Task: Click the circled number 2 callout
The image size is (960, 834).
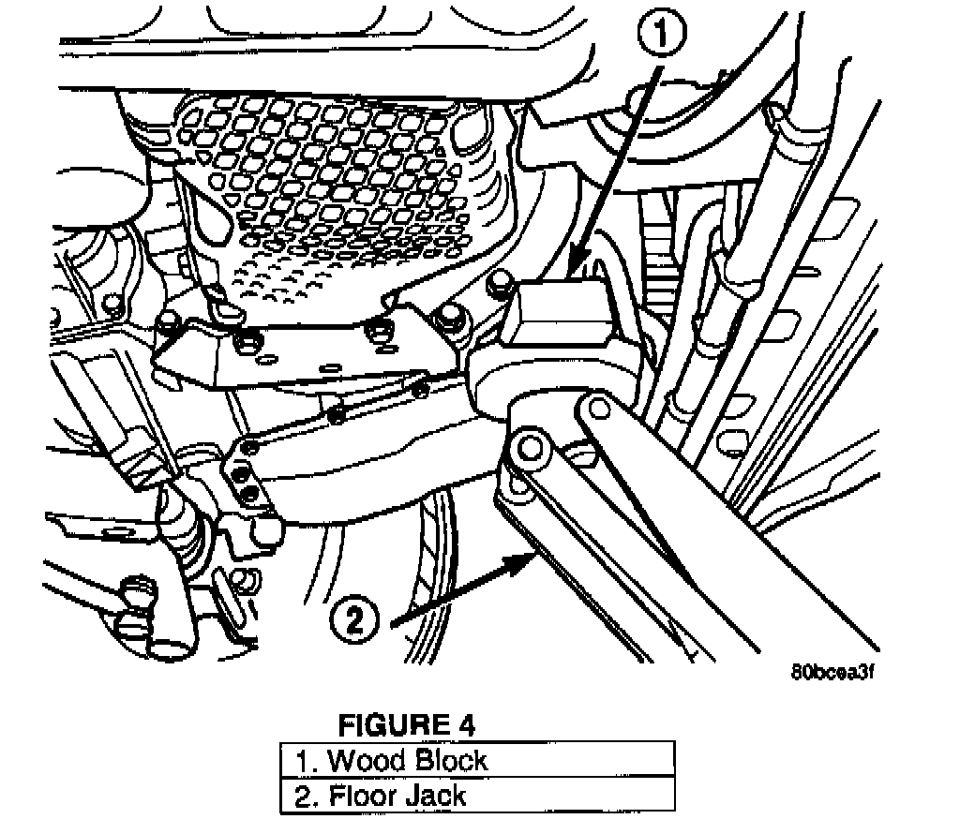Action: click(x=355, y=621)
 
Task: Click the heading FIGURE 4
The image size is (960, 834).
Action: click(x=406, y=724)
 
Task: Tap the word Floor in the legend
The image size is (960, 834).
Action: click(x=364, y=796)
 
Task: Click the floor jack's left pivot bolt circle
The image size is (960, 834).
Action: click(x=530, y=446)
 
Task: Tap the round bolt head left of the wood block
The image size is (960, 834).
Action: click(x=498, y=278)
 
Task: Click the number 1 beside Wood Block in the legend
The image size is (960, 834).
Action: click(x=302, y=760)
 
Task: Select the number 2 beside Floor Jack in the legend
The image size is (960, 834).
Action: click(x=302, y=796)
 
